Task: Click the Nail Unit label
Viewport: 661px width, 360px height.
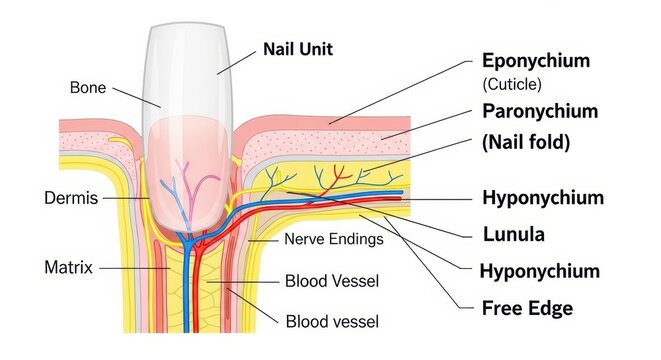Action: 297,48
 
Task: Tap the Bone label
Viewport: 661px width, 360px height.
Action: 88,87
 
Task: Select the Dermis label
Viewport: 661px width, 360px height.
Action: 71,198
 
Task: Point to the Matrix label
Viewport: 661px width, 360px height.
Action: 69,267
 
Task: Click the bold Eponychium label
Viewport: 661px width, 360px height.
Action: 535,60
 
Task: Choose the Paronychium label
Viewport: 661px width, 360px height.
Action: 540,111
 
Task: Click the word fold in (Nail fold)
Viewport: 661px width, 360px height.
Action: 548,142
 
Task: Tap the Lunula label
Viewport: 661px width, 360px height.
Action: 515,235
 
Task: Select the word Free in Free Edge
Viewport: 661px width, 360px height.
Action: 502,307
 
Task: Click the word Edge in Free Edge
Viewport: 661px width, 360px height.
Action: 550,307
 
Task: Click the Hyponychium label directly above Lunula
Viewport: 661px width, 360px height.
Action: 542,197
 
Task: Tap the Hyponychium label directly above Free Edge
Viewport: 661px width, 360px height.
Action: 539,270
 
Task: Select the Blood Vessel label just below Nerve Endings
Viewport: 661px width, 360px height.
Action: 332,281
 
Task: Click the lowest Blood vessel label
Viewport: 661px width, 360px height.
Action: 332,321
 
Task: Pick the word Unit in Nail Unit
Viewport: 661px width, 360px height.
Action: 315,48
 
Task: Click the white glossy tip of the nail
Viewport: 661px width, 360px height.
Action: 190,55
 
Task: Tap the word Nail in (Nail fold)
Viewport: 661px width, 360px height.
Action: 505,142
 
